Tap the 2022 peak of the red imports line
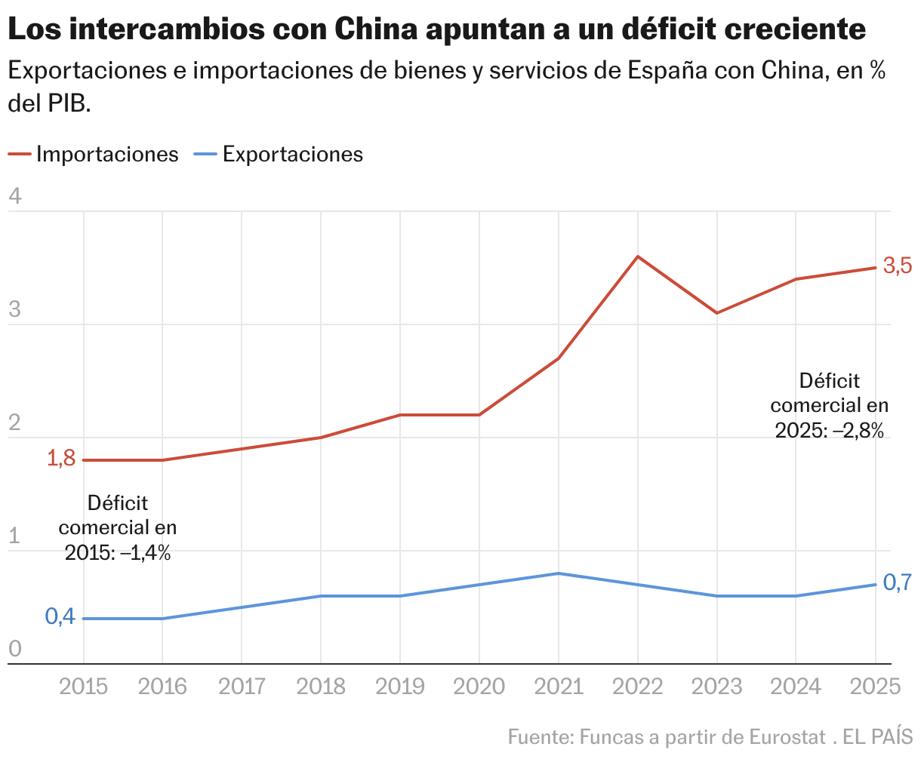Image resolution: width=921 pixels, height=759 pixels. pos(638,257)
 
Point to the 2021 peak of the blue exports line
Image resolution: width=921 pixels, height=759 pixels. pos(558,573)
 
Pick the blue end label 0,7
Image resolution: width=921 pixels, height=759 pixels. pos(898,582)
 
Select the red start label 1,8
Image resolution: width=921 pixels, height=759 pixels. pos(61,458)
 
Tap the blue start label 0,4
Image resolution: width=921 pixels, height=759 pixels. pos(60,616)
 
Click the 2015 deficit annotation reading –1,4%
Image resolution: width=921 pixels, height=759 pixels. pos(118,527)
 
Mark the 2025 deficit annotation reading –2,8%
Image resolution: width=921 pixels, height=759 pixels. pos(830,405)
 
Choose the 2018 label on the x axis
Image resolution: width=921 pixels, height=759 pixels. pos(321,687)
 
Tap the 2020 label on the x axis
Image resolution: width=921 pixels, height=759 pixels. pos(479,687)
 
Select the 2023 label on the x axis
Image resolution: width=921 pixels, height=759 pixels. pos(716,687)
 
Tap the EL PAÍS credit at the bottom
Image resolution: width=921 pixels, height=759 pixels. pos(878,736)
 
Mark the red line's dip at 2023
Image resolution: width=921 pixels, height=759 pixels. pos(716,313)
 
